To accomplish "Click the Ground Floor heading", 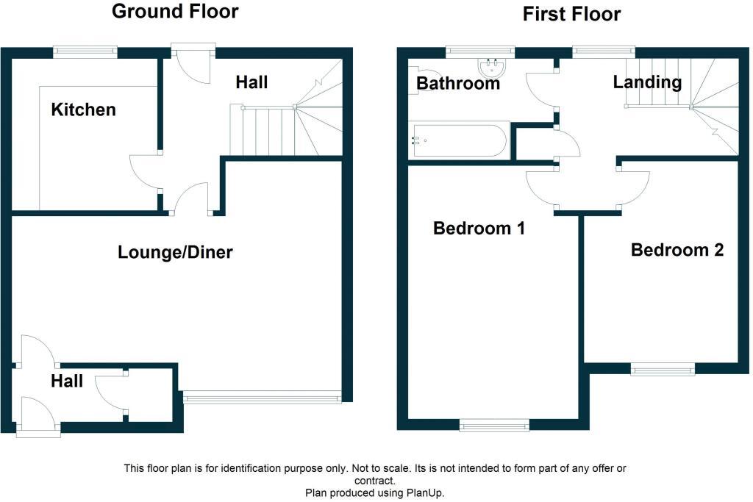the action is [x=175, y=12].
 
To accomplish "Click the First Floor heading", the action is [x=571, y=15].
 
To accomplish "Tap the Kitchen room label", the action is [x=84, y=110].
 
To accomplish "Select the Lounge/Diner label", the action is [x=175, y=252].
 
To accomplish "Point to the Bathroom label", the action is [x=458, y=83].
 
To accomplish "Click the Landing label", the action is [x=647, y=82].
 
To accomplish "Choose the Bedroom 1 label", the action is [x=479, y=228].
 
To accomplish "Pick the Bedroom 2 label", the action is [x=677, y=250].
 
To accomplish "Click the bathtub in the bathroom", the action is [x=459, y=140].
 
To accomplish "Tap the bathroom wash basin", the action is [x=491, y=67].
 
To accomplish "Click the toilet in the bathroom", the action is [x=415, y=81].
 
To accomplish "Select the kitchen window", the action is [x=85, y=52].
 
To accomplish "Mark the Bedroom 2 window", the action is [x=663, y=368].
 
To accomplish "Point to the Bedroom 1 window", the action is [x=495, y=425].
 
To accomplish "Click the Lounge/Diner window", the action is [x=263, y=397].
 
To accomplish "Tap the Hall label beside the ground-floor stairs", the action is [x=251, y=82].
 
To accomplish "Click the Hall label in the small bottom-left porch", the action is [x=67, y=381].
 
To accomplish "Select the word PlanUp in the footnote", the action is [x=424, y=493].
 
